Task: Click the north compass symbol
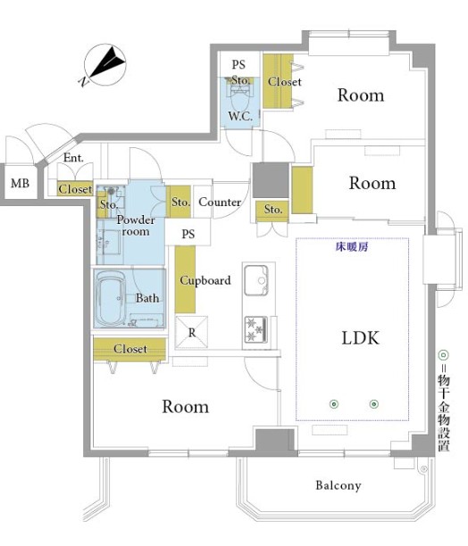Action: (x=104, y=65)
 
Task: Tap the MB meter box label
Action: (x=20, y=183)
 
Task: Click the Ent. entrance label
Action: (x=73, y=158)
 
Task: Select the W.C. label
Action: (x=240, y=116)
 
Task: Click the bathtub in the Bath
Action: (x=111, y=298)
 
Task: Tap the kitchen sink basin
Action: (x=256, y=281)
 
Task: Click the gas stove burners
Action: (x=256, y=329)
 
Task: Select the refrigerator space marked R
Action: (x=192, y=332)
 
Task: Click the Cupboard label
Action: (x=205, y=280)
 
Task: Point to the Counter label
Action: (x=220, y=202)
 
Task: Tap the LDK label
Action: (x=360, y=338)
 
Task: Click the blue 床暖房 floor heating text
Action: (x=352, y=247)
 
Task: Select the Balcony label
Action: (x=338, y=485)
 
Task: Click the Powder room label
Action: (x=136, y=226)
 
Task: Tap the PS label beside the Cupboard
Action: (x=188, y=234)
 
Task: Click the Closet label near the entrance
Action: (x=75, y=189)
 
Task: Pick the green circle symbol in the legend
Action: (x=443, y=355)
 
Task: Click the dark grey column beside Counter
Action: (x=271, y=180)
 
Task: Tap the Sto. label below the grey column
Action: (x=273, y=210)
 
